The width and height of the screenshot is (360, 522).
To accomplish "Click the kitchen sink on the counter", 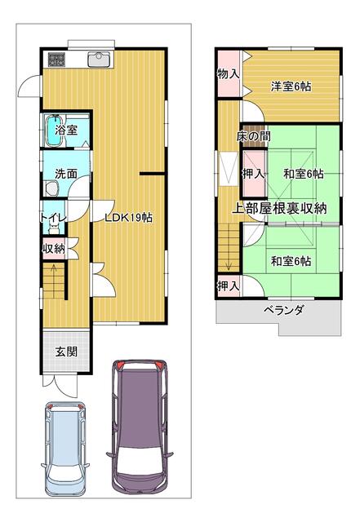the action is (x=98, y=60).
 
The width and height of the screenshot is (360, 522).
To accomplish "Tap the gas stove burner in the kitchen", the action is (x=56, y=60).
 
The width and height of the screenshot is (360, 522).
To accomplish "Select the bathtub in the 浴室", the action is (x=55, y=130).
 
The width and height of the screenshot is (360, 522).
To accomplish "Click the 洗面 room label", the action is (x=66, y=174).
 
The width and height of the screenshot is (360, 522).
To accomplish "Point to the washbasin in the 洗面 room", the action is (x=51, y=188).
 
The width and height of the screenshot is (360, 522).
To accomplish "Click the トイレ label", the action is (x=53, y=218).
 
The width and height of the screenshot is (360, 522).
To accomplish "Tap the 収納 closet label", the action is (x=53, y=248).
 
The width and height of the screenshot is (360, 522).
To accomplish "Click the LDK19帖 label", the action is (x=129, y=218).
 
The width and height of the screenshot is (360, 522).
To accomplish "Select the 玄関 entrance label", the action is (x=67, y=352).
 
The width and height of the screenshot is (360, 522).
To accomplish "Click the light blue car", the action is (x=65, y=449).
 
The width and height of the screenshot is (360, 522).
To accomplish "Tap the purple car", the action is (x=140, y=428).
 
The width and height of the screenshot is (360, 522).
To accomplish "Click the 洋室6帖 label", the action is (x=291, y=86).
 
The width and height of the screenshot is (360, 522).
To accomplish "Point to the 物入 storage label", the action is (x=229, y=73).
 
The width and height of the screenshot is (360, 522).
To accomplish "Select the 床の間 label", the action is (x=254, y=136).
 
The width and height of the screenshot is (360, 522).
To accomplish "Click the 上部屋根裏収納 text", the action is (x=279, y=208).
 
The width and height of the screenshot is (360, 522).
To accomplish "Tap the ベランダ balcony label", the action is (x=283, y=310).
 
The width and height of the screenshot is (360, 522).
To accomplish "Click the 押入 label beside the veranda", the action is (x=229, y=285).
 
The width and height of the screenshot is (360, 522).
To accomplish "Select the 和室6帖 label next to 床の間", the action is (x=304, y=174).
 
